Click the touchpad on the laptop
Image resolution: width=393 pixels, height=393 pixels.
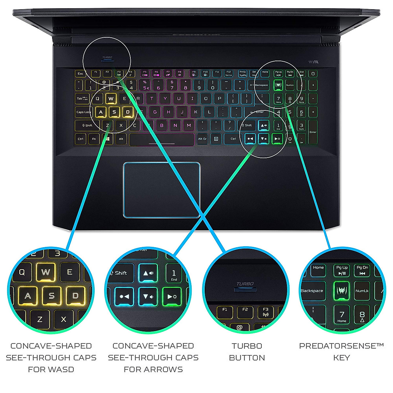tap(161, 190)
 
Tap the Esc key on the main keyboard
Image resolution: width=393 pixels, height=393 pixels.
tap(81, 74)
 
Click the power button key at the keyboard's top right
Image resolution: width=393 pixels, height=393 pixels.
tap(313, 74)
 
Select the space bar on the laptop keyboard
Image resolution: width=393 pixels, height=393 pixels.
tap(161, 139)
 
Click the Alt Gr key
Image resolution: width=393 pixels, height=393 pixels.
tap(202, 139)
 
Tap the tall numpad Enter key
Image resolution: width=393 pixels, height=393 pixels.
tap(313, 132)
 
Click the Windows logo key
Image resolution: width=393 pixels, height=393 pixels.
tap(108, 139)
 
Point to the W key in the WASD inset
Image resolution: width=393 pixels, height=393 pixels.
tap(46, 272)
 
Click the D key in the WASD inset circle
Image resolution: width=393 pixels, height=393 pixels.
tap(76, 296)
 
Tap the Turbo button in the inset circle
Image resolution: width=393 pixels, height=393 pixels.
tap(245, 289)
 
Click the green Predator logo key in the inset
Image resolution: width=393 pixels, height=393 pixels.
tap(342, 290)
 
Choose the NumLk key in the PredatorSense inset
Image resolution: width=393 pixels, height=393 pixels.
tap(362, 290)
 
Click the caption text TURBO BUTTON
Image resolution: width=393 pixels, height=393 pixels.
tap(247, 352)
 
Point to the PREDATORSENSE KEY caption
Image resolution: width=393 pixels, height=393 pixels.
tap(341, 352)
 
